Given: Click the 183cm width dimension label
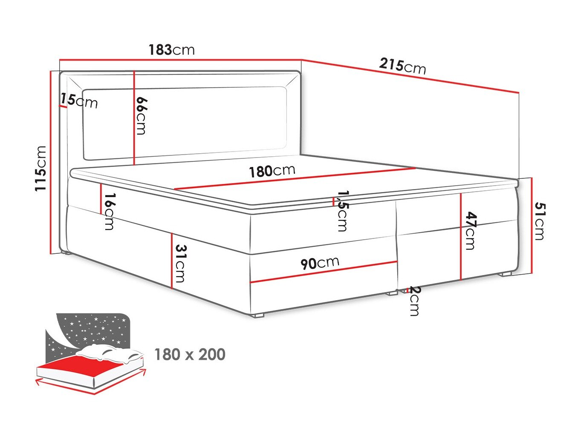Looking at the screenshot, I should [x=171, y=50].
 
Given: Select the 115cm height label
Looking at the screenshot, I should [x=40, y=168].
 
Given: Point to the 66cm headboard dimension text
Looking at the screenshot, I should [x=142, y=115].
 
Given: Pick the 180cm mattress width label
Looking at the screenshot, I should [x=272, y=171].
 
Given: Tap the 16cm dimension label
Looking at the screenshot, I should [x=109, y=211].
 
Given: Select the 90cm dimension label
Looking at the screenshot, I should [x=320, y=263].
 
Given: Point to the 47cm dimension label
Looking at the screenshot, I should [x=470, y=230].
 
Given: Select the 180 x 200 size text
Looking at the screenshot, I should [x=190, y=354].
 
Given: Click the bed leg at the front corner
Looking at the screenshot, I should [x=258, y=316].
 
